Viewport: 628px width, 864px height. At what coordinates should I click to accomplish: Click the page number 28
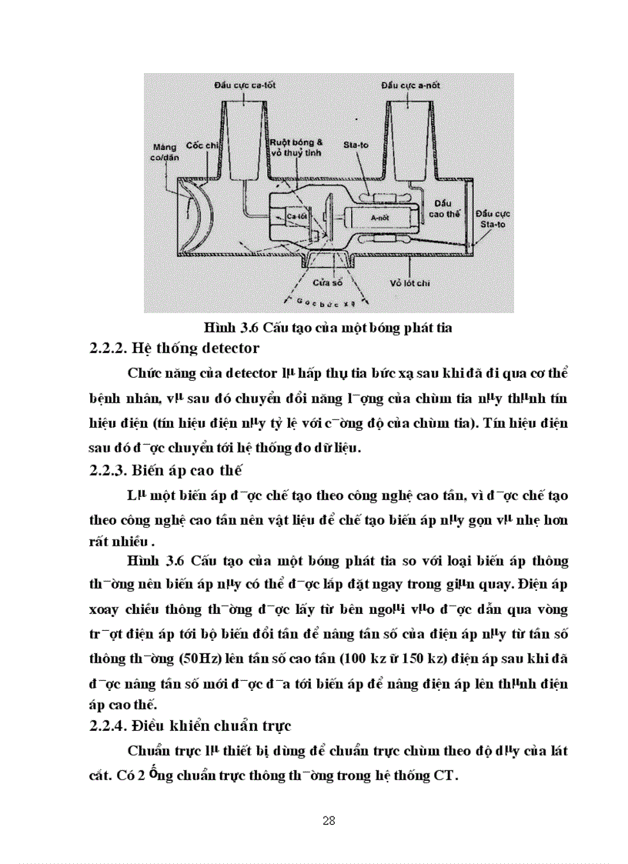click(329, 820)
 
